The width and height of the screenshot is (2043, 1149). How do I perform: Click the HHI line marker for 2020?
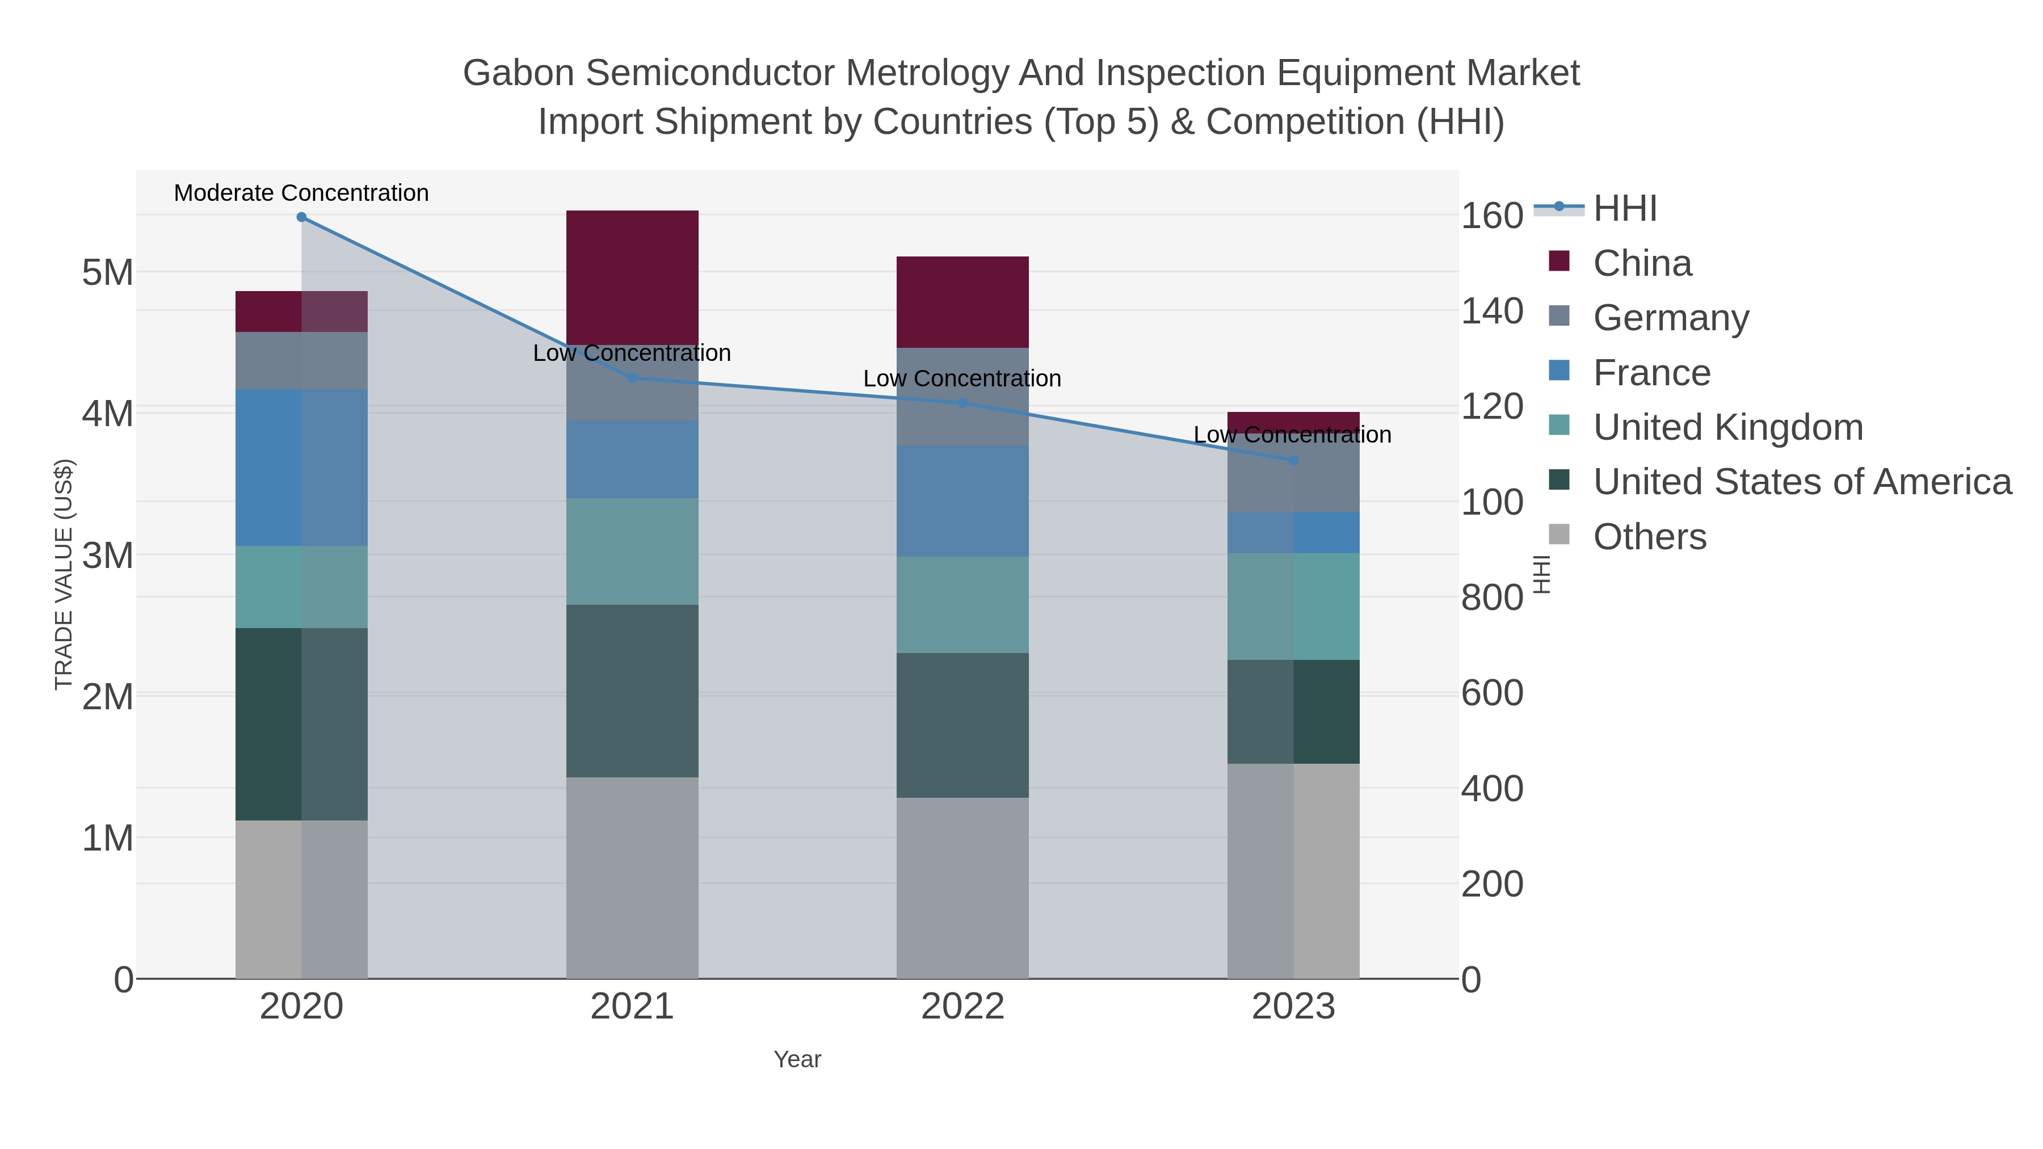click(x=301, y=217)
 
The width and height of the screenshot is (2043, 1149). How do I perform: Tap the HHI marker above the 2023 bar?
click(x=1293, y=460)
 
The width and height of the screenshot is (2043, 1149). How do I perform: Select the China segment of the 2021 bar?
click(x=632, y=277)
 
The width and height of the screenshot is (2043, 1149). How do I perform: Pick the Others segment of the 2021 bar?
click(x=632, y=877)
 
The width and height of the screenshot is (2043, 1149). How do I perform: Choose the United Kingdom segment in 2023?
click(x=1293, y=606)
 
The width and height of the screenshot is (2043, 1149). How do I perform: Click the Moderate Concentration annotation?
click(x=301, y=193)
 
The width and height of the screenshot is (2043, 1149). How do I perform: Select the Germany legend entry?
click(x=1671, y=317)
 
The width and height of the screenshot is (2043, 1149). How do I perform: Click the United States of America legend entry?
click(x=1802, y=481)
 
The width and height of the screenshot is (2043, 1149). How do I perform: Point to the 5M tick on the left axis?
click(x=108, y=272)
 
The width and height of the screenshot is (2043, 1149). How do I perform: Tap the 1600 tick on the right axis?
click(x=1492, y=215)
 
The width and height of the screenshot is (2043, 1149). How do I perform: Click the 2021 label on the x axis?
click(x=632, y=1006)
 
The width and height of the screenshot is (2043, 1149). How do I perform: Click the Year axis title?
click(x=797, y=1059)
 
